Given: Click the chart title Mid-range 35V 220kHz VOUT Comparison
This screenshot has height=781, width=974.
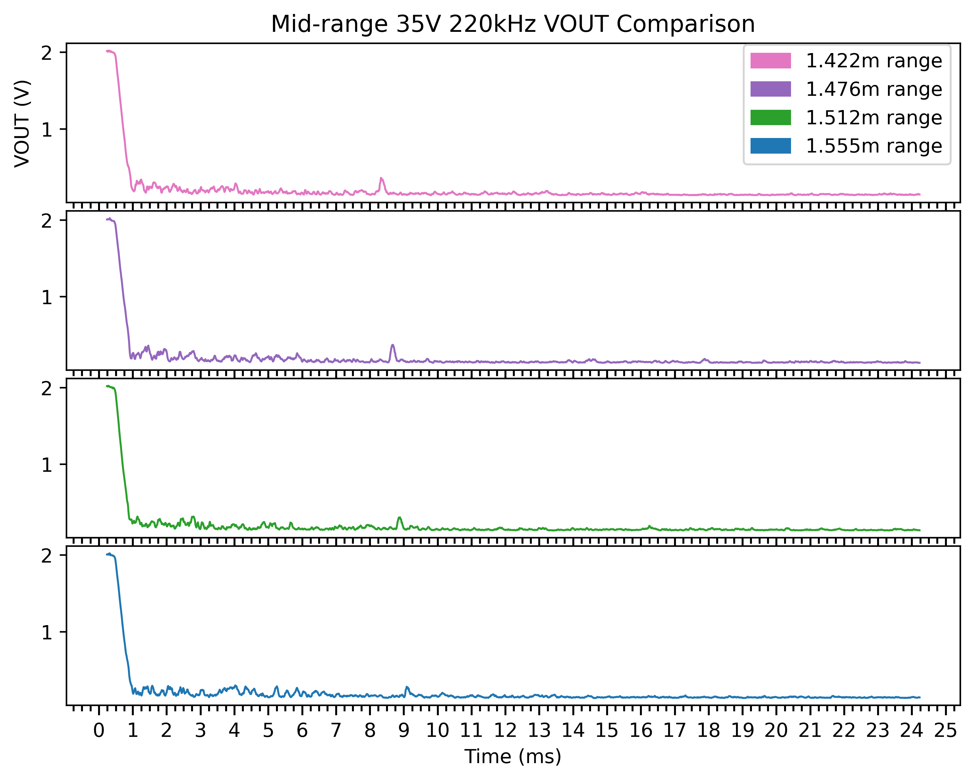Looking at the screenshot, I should pos(513,24).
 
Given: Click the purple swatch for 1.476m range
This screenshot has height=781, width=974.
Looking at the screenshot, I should pos(770,89).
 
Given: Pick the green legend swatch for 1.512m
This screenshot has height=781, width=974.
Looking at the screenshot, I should pos(770,117).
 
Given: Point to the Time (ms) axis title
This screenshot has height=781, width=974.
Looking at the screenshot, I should pos(513,757).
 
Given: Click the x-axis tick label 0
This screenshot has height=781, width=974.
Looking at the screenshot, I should pos(99,730).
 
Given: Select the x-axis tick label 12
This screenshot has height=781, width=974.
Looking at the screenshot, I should pos(505,730).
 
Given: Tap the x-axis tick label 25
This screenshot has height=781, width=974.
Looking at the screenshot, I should pos(946,730).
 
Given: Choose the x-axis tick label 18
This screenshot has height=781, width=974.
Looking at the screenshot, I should pos(708,730).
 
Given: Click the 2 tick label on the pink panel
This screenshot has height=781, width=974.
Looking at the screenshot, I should pos(47,53).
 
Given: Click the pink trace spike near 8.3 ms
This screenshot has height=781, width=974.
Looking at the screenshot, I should pos(381,179).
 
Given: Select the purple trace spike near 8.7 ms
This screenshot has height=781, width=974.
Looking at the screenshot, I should pos(392,346).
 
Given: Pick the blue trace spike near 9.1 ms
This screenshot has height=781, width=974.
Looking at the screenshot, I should pos(407,687).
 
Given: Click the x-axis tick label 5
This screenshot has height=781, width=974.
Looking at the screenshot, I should pos(268,730).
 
